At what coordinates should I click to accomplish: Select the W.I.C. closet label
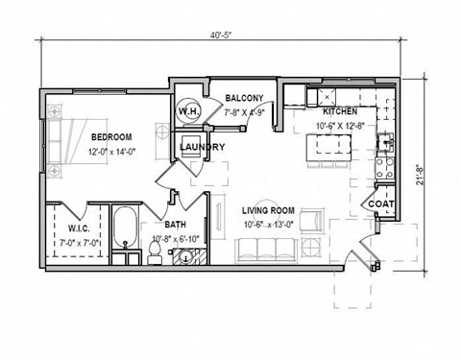click(x=79, y=228)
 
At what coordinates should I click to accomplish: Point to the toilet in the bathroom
click(x=154, y=252)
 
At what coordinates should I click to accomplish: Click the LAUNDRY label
click(x=202, y=147)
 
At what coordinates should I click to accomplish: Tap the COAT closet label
click(x=378, y=204)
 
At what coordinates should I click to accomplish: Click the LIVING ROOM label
click(x=269, y=212)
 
